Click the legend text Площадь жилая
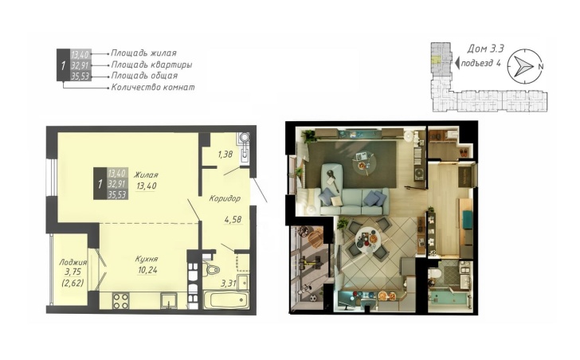pyautogui.click(x=143, y=53)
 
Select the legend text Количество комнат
pyautogui.click(x=153, y=88)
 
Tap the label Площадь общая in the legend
pyautogui.click(x=144, y=76)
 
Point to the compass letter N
pyautogui.click(x=540, y=67)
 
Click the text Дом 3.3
pyautogui.click(x=486, y=49)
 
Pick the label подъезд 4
pyautogui.click(x=481, y=63)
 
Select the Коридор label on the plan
pyautogui.click(x=225, y=199)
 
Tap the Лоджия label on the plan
pyautogui.click(x=73, y=262)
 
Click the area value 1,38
pyautogui.click(x=225, y=155)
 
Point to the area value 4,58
pyautogui.click(x=233, y=220)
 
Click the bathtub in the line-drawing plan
pyautogui.click(x=226, y=299)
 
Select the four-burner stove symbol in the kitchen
pyautogui.click(x=120, y=300)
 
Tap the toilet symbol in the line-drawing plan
pyautogui.click(x=211, y=268)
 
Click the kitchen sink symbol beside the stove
pyautogui.click(x=169, y=300)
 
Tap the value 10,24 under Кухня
pyautogui.click(x=148, y=271)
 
